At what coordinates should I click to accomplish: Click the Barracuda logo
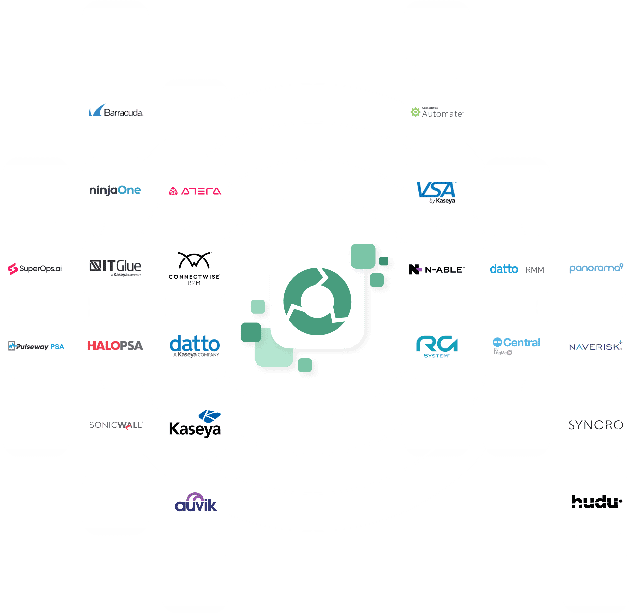pyautogui.click(x=116, y=110)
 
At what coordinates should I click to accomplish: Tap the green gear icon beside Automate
pyautogui.click(x=415, y=112)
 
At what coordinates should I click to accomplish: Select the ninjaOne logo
pyautogui.click(x=115, y=190)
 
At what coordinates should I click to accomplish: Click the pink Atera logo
pyautogui.click(x=195, y=191)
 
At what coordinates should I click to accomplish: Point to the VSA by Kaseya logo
pyautogui.click(x=436, y=192)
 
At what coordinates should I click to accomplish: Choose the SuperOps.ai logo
pyautogui.click(x=35, y=269)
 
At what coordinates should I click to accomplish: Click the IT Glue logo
pyautogui.click(x=115, y=268)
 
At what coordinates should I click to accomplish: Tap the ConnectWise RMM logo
pyautogui.click(x=194, y=269)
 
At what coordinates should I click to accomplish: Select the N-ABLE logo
pyautogui.click(x=436, y=269)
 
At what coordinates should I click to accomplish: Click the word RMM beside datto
pyautogui.click(x=535, y=270)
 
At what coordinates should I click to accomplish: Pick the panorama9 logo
pyautogui.click(x=596, y=268)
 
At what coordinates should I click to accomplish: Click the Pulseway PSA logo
pyautogui.click(x=36, y=346)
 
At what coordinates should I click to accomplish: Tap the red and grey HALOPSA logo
pyautogui.click(x=115, y=346)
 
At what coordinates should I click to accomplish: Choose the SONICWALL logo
pyautogui.click(x=116, y=425)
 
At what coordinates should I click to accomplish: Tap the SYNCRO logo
pyautogui.click(x=596, y=425)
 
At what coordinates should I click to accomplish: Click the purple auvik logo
pyautogui.click(x=196, y=502)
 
